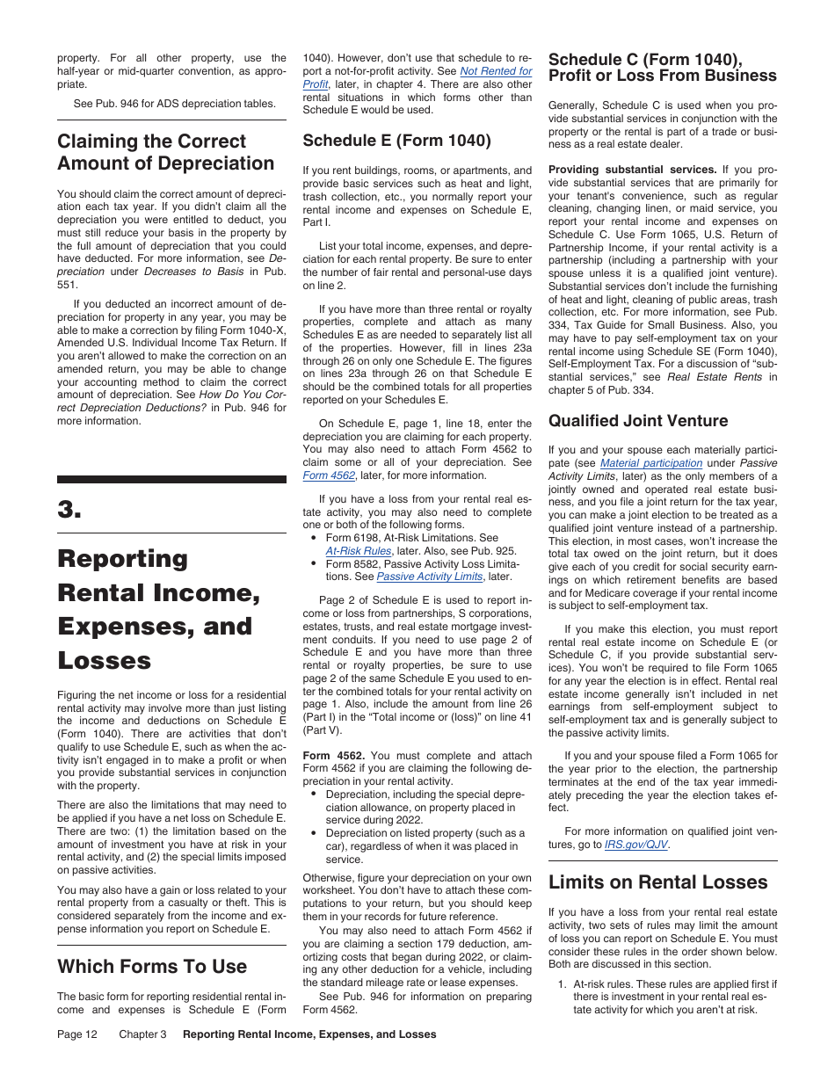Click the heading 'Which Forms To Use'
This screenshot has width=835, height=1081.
point(152,967)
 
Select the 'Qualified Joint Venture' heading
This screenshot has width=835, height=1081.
point(637,421)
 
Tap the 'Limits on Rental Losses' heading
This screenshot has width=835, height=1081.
point(657,882)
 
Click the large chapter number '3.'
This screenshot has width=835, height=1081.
point(69,512)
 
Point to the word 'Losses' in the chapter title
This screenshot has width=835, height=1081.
point(104,661)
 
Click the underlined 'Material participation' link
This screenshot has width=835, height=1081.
point(650,463)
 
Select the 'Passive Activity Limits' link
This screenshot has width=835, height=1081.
point(431,577)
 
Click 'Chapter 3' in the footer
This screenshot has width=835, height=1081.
point(142,1034)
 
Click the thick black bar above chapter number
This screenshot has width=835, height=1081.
point(171,480)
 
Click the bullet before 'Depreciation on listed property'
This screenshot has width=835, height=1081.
point(314,833)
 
